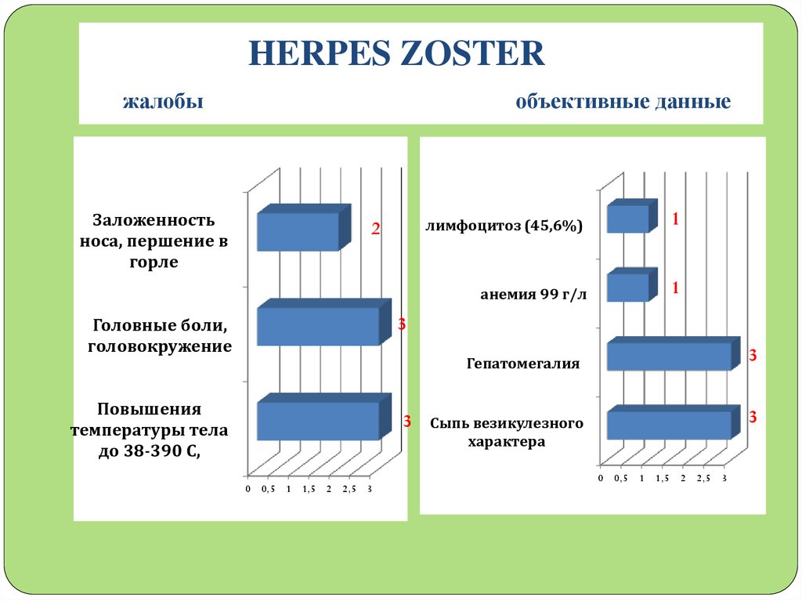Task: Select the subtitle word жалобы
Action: pyautogui.click(x=164, y=103)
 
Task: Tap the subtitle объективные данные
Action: pyautogui.click(x=623, y=103)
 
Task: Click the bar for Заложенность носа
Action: pyautogui.click(x=298, y=231)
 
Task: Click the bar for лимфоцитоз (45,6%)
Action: pyautogui.click(x=628, y=219)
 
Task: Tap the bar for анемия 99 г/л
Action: pyautogui.click(x=628, y=288)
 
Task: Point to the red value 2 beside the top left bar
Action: pyautogui.click(x=375, y=230)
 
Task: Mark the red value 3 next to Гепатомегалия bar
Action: pyautogui.click(x=753, y=356)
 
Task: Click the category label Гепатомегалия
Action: pyautogui.click(x=523, y=364)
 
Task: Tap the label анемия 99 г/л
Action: pyautogui.click(x=532, y=295)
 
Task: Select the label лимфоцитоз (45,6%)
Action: pyautogui.click(x=504, y=226)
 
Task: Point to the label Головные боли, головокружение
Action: pyautogui.click(x=162, y=335)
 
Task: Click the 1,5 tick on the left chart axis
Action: pyautogui.click(x=309, y=490)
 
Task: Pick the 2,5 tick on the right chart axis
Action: pyautogui.click(x=704, y=478)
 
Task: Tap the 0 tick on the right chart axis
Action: pyautogui.click(x=601, y=478)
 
